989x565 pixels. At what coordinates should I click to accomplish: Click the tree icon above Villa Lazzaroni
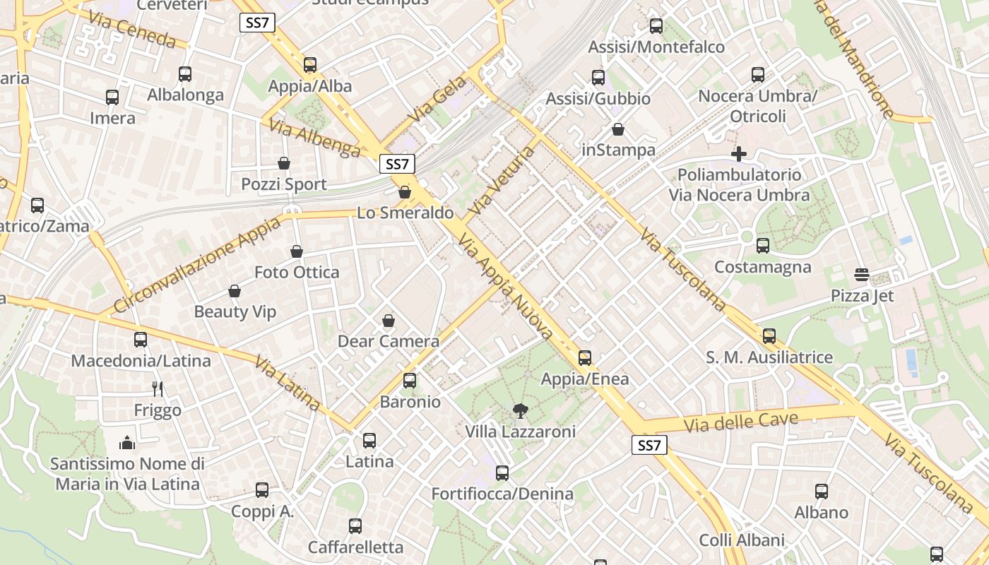tap(520, 410)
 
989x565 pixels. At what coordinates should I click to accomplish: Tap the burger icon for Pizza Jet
tap(861, 274)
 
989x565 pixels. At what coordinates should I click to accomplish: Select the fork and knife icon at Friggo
tap(158, 388)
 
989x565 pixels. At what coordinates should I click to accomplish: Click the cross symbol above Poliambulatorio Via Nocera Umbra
tap(739, 153)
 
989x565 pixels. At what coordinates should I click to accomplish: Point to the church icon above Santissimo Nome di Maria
tap(127, 443)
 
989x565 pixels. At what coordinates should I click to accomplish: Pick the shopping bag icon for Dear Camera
tap(388, 321)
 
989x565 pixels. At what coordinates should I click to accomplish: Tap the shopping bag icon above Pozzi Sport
tap(284, 163)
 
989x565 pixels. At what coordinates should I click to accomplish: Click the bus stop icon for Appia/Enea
tap(584, 358)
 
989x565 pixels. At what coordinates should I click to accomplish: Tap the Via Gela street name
tap(438, 98)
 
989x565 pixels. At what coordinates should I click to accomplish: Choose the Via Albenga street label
tap(314, 137)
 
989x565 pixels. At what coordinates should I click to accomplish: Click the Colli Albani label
tap(742, 540)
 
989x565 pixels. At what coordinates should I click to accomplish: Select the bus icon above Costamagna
tap(762, 246)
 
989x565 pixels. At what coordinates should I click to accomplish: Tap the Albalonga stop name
tap(185, 95)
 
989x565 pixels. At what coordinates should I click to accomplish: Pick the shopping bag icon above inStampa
tap(618, 129)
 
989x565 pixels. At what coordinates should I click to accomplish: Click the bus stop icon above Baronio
tap(409, 381)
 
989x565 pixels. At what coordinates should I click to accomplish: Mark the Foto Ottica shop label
tap(297, 272)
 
